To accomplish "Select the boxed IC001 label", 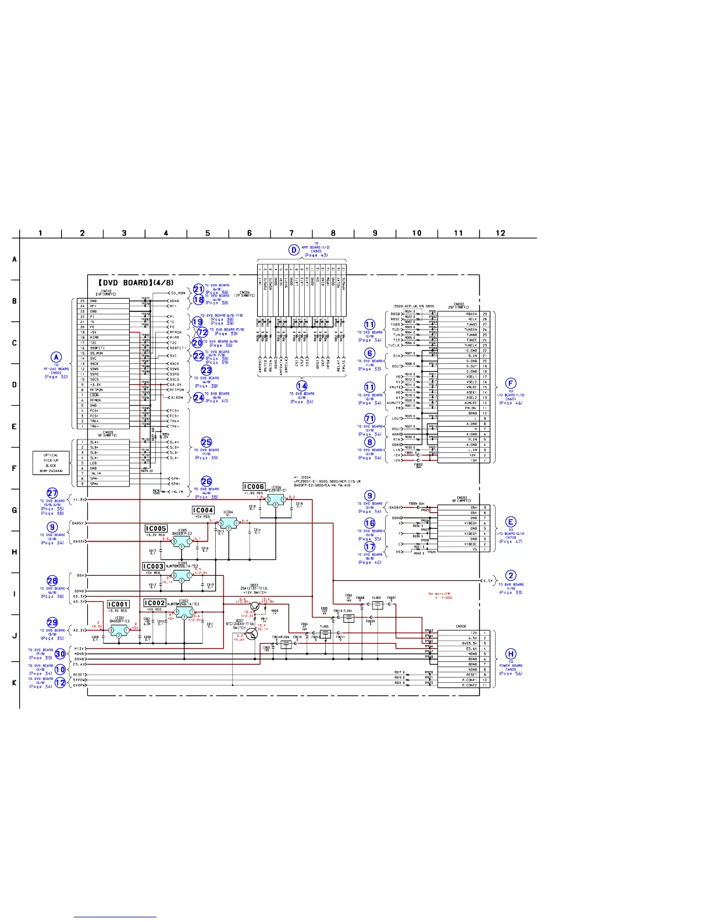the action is coord(118,604).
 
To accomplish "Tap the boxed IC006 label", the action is coord(254,487).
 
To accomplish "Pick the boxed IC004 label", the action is coord(203,510).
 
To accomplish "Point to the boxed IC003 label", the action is coord(154,566).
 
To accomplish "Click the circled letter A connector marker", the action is coord(56,357).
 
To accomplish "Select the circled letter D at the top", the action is coord(294,250).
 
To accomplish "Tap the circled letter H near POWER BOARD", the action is coord(511,654).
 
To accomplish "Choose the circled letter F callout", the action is coord(511,383).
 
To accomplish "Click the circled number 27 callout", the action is coord(52,493).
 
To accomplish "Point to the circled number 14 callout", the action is coord(302,385).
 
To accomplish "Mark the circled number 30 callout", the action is coord(60,654).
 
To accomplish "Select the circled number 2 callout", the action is coord(511,576).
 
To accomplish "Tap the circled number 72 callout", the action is coord(202,332).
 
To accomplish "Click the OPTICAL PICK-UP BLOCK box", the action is coord(51,463).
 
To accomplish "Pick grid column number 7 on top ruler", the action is coord(291,233).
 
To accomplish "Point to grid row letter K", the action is coord(15,682).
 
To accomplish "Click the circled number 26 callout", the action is coord(207,481).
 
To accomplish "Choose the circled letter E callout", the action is coord(511,522).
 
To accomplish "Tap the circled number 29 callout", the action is coord(52,622).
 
